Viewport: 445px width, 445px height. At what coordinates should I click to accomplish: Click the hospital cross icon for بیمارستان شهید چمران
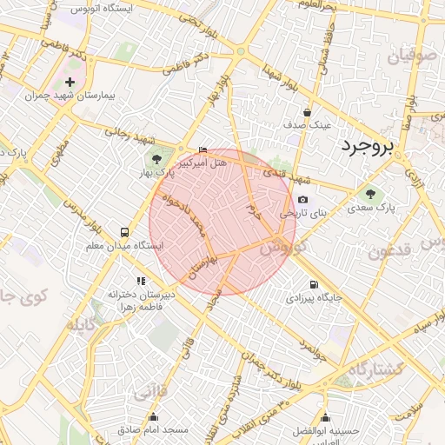[70, 83]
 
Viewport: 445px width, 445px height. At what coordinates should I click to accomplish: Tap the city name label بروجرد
[367, 146]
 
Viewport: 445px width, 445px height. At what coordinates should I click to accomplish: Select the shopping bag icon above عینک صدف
[307, 112]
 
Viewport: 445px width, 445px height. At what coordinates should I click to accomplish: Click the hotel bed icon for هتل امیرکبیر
[203, 150]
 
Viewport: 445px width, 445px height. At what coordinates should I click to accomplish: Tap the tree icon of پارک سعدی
[371, 195]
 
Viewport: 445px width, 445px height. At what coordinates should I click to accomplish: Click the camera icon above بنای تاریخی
[302, 199]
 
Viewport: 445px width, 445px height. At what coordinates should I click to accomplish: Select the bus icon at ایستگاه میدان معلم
[125, 232]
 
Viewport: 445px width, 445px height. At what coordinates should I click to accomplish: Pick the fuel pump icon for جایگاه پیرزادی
[313, 284]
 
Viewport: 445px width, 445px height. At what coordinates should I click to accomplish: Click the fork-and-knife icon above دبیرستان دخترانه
[141, 280]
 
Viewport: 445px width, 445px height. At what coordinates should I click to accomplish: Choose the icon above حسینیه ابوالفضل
[325, 418]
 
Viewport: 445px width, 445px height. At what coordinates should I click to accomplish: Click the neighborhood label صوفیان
[410, 58]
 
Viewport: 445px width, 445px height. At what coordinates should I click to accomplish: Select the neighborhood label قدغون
[391, 252]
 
